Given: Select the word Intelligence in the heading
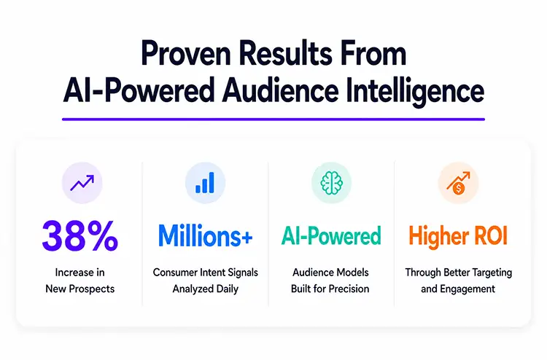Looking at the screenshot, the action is click(x=415, y=91).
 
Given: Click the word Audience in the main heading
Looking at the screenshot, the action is click(x=280, y=90).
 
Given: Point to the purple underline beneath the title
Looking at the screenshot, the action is click(x=273, y=120).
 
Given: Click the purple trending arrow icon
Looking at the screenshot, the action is click(x=82, y=183).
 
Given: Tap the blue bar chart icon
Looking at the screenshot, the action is click(x=205, y=183).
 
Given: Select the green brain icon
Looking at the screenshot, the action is click(x=331, y=183).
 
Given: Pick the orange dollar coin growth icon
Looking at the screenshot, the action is click(x=458, y=184).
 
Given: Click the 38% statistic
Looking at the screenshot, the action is click(x=80, y=236).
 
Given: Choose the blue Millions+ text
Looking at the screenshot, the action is click(x=205, y=236).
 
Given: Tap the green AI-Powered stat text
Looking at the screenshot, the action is click(x=331, y=236).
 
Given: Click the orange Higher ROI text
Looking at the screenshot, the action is click(x=458, y=236).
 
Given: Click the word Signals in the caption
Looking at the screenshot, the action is click(x=243, y=272).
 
